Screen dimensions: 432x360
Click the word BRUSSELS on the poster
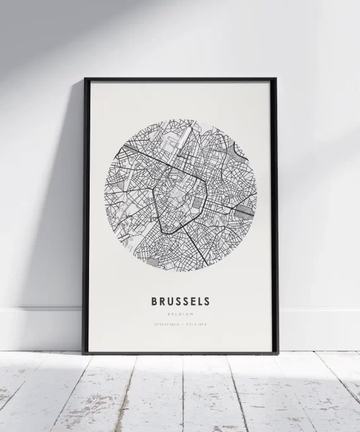(181, 302)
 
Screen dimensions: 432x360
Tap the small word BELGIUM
(181, 314)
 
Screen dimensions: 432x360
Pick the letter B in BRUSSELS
(155, 302)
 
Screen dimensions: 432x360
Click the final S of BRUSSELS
(207, 302)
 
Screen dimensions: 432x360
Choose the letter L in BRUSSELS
(199, 302)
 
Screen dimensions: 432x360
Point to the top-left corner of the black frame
(85, 80)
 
